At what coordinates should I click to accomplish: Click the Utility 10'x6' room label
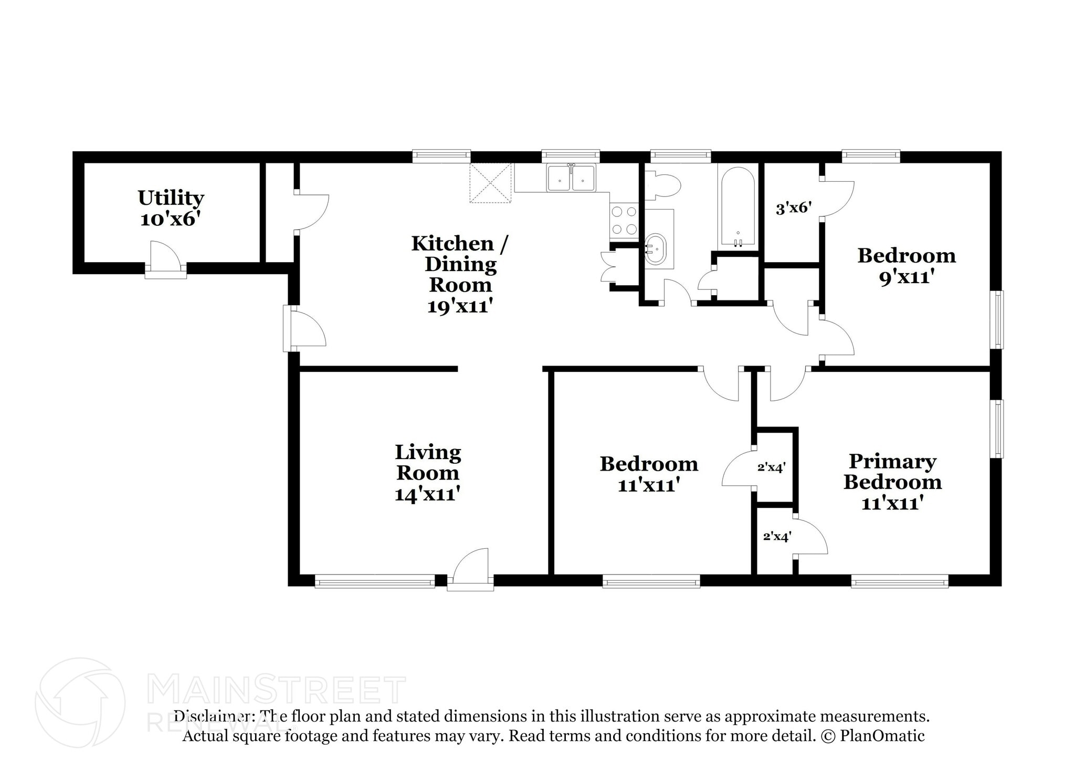(171, 208)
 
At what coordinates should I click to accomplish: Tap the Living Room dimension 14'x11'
(427, 494)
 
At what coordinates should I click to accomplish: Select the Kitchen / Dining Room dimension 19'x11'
(460, 306)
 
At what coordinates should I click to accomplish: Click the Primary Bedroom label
(892, 472)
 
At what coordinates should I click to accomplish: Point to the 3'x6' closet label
(794, 208)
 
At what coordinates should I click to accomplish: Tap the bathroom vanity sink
(655, 249)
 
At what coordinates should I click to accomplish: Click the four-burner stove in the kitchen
(624, 221)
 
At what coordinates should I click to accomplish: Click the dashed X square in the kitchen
(490, 183)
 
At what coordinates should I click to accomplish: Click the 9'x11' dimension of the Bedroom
(907, 277)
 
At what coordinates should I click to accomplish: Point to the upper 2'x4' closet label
(771, 467)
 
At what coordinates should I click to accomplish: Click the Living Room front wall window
(374, 581)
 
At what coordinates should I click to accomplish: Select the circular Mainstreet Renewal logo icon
(80, 703)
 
